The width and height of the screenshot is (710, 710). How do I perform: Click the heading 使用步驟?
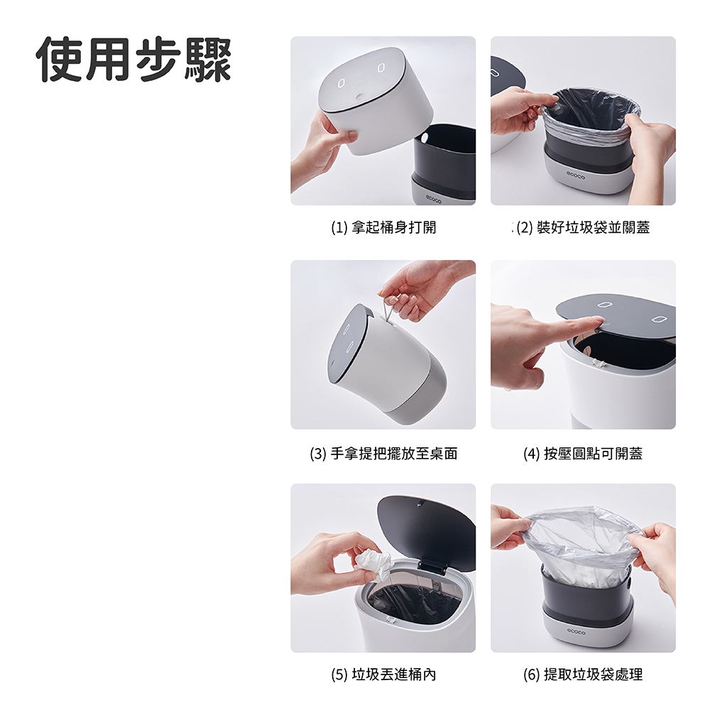(x=134, y=59)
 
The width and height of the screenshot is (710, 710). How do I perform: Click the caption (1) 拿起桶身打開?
(x=383, y=227)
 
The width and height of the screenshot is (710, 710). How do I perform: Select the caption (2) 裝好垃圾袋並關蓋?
(x=583, y=227)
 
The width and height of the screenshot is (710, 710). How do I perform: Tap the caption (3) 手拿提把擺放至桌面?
(x=383, y=453)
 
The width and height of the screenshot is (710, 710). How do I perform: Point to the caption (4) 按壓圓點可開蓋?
(x=583, y=453)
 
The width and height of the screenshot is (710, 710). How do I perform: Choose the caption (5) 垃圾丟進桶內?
(x=383, y=674)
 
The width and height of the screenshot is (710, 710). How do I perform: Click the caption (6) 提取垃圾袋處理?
(x=583, y=674)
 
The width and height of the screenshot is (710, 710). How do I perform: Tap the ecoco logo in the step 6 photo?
(x=576, y=632)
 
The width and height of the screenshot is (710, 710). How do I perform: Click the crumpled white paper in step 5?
(x=373, y=565)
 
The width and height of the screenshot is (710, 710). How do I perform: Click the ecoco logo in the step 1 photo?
(x=433, y=196)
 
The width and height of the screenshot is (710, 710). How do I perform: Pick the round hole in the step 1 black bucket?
(x=425, y=137)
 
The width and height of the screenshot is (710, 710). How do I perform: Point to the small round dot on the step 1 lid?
(x=360, y=97)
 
